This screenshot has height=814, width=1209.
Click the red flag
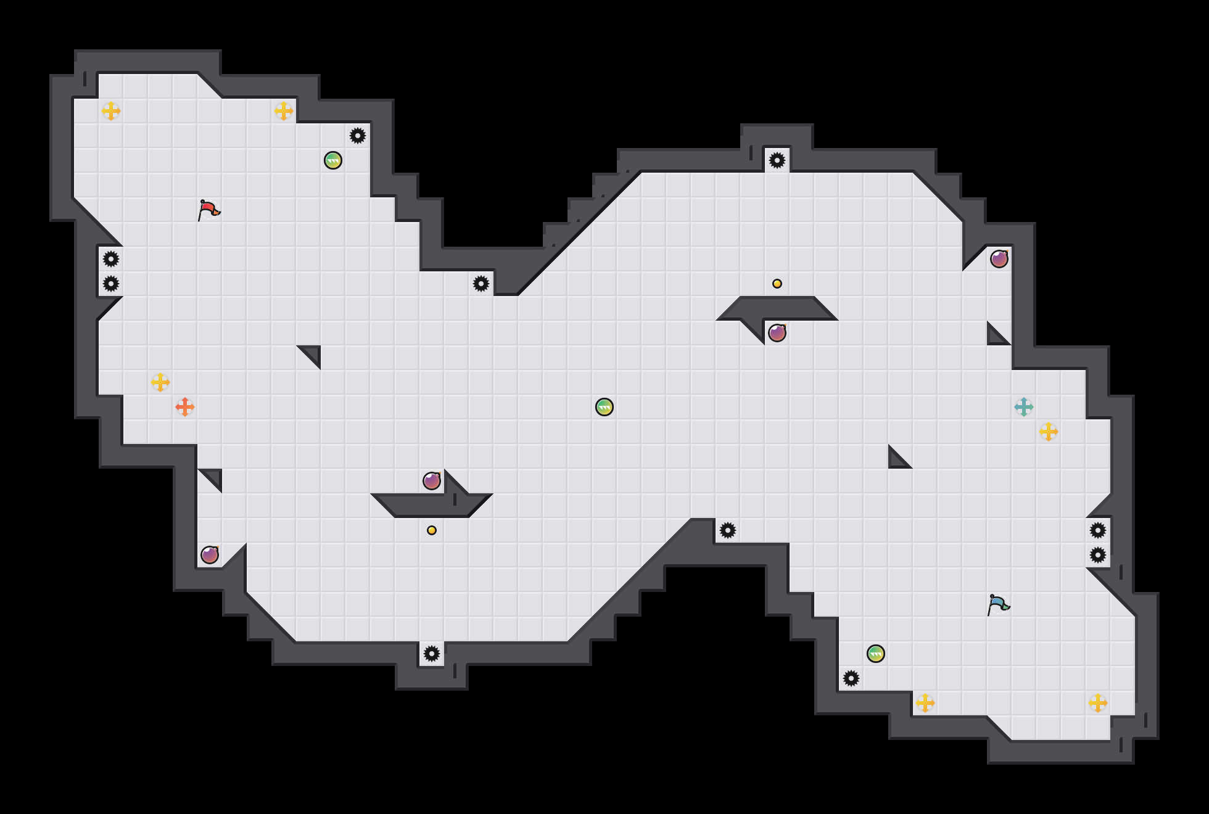208,210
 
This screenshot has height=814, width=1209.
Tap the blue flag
998,604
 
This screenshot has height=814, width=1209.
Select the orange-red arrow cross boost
185,407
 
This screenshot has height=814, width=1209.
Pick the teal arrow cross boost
1024,407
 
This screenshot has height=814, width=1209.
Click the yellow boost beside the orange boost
160,382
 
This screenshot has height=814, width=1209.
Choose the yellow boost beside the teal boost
1049,432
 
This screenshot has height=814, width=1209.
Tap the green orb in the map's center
604,407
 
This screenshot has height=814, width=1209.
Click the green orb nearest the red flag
333,160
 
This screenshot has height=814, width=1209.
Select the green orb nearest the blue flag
876,654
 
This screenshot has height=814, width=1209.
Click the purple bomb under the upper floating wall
777,333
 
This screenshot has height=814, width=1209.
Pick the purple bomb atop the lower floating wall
432,481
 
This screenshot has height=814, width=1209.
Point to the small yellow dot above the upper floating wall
777,284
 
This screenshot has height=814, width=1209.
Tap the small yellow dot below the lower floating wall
432,530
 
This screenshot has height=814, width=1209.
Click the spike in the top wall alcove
777,160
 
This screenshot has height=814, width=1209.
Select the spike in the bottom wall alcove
432,654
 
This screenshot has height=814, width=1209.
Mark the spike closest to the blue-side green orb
851,678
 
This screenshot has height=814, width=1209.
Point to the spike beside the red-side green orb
358,136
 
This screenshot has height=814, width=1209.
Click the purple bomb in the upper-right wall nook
999,259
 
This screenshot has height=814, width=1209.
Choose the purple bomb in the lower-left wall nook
210,555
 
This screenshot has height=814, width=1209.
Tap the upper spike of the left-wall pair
111,259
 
